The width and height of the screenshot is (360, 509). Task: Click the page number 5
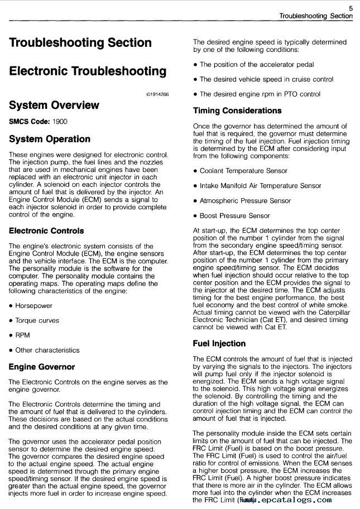click(x=350, y=8)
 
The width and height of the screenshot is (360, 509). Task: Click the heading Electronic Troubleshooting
click(x=88, y=71)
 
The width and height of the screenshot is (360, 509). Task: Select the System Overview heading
click(x=54, y=105)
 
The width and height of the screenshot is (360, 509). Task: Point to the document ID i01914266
click(x=157, y=95)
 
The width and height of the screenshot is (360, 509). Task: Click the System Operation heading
click(x=50, y=139)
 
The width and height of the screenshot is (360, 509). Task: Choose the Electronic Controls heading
click(x=46, y=231)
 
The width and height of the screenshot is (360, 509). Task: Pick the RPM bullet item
click(x=23, y=335)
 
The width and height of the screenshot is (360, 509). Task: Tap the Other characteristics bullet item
click(x=47, y=350)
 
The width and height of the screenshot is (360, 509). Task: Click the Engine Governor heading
click(x=42, y=367)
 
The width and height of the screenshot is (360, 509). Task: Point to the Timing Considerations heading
click(x=237, y=111)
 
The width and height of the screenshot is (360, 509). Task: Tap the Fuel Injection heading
click(x=219, y=343)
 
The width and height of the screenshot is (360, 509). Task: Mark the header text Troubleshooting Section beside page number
click(x=316, y=16)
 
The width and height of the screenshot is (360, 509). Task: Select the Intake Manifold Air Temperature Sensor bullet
click(x=260, y=186)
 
